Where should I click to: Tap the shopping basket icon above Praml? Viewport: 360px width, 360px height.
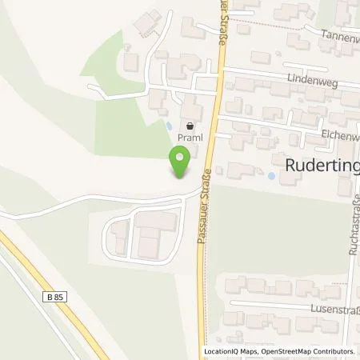click(x=190, y=126)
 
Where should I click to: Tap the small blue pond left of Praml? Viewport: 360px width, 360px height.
click(x=169, y=126)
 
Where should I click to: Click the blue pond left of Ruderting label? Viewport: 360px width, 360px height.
click(x=271, y=175)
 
